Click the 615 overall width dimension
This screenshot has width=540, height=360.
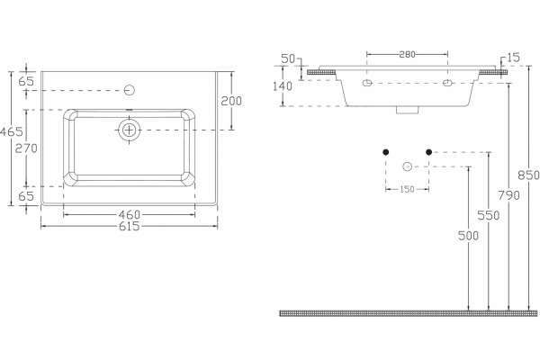(129, 226)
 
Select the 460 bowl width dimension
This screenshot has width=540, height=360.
(130, 215)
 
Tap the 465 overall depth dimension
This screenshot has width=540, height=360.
(12, 131)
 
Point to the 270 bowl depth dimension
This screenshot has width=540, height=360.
(26, 148)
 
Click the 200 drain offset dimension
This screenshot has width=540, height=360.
(231, 102)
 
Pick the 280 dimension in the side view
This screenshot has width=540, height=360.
(407, 54)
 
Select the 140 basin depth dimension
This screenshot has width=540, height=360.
(283, 86)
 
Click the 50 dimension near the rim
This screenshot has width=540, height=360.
(288, 58)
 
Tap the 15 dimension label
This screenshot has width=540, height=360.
(514, 58)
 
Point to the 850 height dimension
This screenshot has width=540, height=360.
(528, 175)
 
